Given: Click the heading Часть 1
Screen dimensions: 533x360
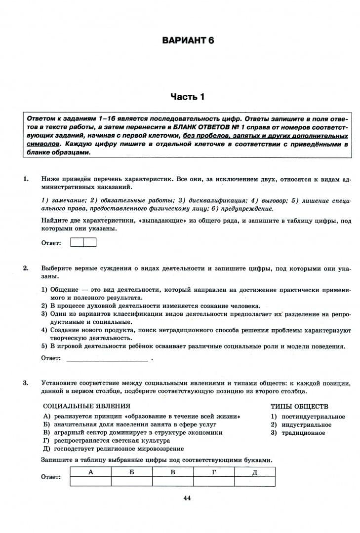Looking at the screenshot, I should [187, 97].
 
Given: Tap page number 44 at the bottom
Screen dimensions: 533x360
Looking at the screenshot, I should [187, 498].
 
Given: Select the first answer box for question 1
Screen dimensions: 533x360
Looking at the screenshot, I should [77, 242].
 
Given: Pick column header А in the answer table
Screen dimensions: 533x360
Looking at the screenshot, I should [90, 472].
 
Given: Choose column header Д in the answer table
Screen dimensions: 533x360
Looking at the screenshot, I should [255, 472].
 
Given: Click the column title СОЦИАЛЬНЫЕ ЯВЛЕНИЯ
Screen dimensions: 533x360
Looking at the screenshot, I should [87, 406].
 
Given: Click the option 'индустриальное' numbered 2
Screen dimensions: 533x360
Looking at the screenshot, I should [306, 425].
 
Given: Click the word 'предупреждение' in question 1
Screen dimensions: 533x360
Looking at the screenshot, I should [251, 208].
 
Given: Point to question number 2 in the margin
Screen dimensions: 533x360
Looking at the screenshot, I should [25, 268].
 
